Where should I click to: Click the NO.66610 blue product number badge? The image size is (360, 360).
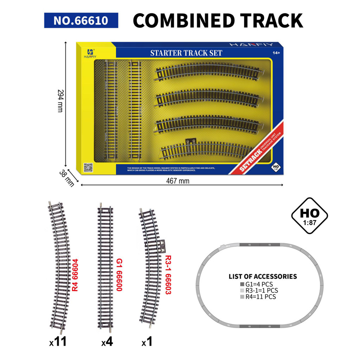(x=81, y=20)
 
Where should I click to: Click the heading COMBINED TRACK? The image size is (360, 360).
(x=218, y=20)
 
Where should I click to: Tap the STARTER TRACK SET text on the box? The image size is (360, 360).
(x=186, y=53)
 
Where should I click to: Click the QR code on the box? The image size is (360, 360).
(x=88, y=168)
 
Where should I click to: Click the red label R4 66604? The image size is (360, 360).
(x=75, y=275)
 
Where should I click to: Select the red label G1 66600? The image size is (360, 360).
(x=119, y=275)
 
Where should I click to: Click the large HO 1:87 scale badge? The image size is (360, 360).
(x=309, y=216)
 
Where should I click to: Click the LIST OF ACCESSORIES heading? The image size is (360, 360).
(x=263, y=276)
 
